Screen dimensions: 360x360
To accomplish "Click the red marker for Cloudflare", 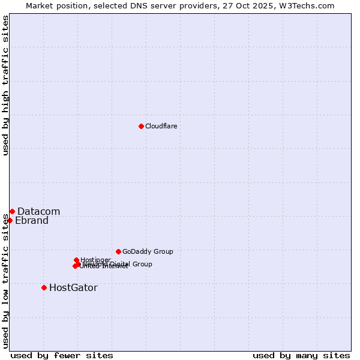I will (x=141, y=126).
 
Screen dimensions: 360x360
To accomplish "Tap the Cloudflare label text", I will (x=161, y=126).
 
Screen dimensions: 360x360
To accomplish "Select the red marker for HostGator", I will (x=44, y=287).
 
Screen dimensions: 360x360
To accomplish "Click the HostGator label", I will (x=73, y=287).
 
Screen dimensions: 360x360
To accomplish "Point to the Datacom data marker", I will (x=12, y=211).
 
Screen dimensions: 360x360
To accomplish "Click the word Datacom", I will (x=38, y=211).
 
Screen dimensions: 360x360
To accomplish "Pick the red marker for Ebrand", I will (x=10, y=220).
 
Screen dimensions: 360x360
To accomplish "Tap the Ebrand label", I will (x=31, y=220).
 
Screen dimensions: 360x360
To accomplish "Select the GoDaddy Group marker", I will (x=118, y=251).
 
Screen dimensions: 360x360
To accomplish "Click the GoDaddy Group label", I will (x=148, y=251).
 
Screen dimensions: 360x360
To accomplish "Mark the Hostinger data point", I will (x=76, y=260).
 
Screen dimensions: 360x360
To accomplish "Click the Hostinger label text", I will (x=95, y=260).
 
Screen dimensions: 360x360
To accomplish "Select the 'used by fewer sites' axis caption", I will (x=62, y=355).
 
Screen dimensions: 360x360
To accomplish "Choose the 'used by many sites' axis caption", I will (x=301, y=355).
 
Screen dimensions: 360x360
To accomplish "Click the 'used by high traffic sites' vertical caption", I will (x=5, y=85).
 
